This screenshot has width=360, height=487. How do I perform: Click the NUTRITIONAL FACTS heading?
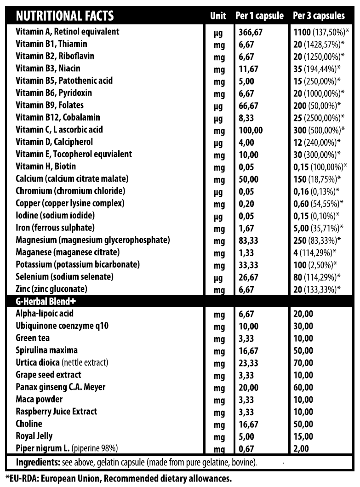(x=64, y=16)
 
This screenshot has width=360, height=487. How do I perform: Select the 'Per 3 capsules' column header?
(x=319, y=16)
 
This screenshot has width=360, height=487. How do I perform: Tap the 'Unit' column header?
(x=218, y=16)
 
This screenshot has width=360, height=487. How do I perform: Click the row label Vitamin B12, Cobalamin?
(x=57, y=118)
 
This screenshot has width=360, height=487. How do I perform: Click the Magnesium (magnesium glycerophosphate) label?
(x=93, y=240)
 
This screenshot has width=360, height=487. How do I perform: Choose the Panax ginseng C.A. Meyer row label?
(x=60, y=387)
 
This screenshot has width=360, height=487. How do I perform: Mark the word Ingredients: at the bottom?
(x=34, y=462)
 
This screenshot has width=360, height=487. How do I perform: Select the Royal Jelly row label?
(x=34, y=436)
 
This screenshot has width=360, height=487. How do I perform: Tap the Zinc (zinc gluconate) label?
(x=51, y=289)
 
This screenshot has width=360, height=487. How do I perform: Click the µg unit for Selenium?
(x=218, y=278)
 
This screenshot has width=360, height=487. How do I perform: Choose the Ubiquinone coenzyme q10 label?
(x=62, y=326)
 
